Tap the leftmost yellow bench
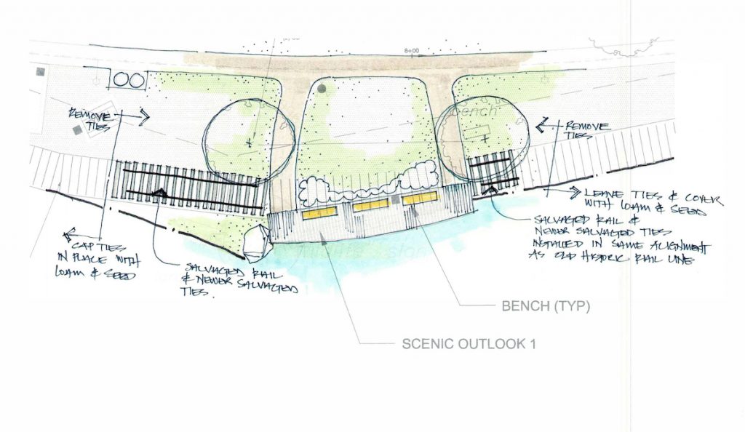tap(319, 211)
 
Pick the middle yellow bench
tap(370, 206)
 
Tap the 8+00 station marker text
tap(412, 51)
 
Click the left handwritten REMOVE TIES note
tap(90, 119)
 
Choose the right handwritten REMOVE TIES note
tap(583, 129)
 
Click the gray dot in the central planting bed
tap(322, 89)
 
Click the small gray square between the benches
tap(394, 199)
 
